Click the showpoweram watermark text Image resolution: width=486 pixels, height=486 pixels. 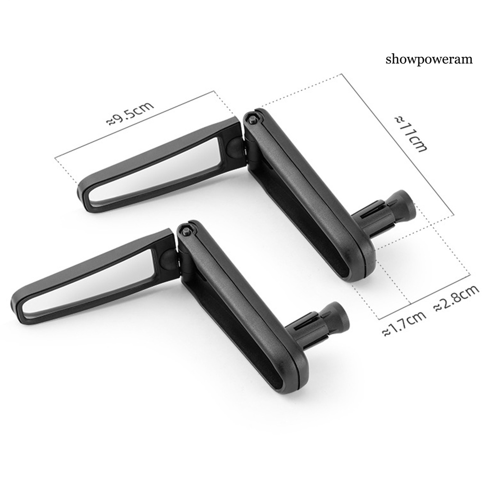429,59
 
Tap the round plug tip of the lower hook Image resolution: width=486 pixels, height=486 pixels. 338,317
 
